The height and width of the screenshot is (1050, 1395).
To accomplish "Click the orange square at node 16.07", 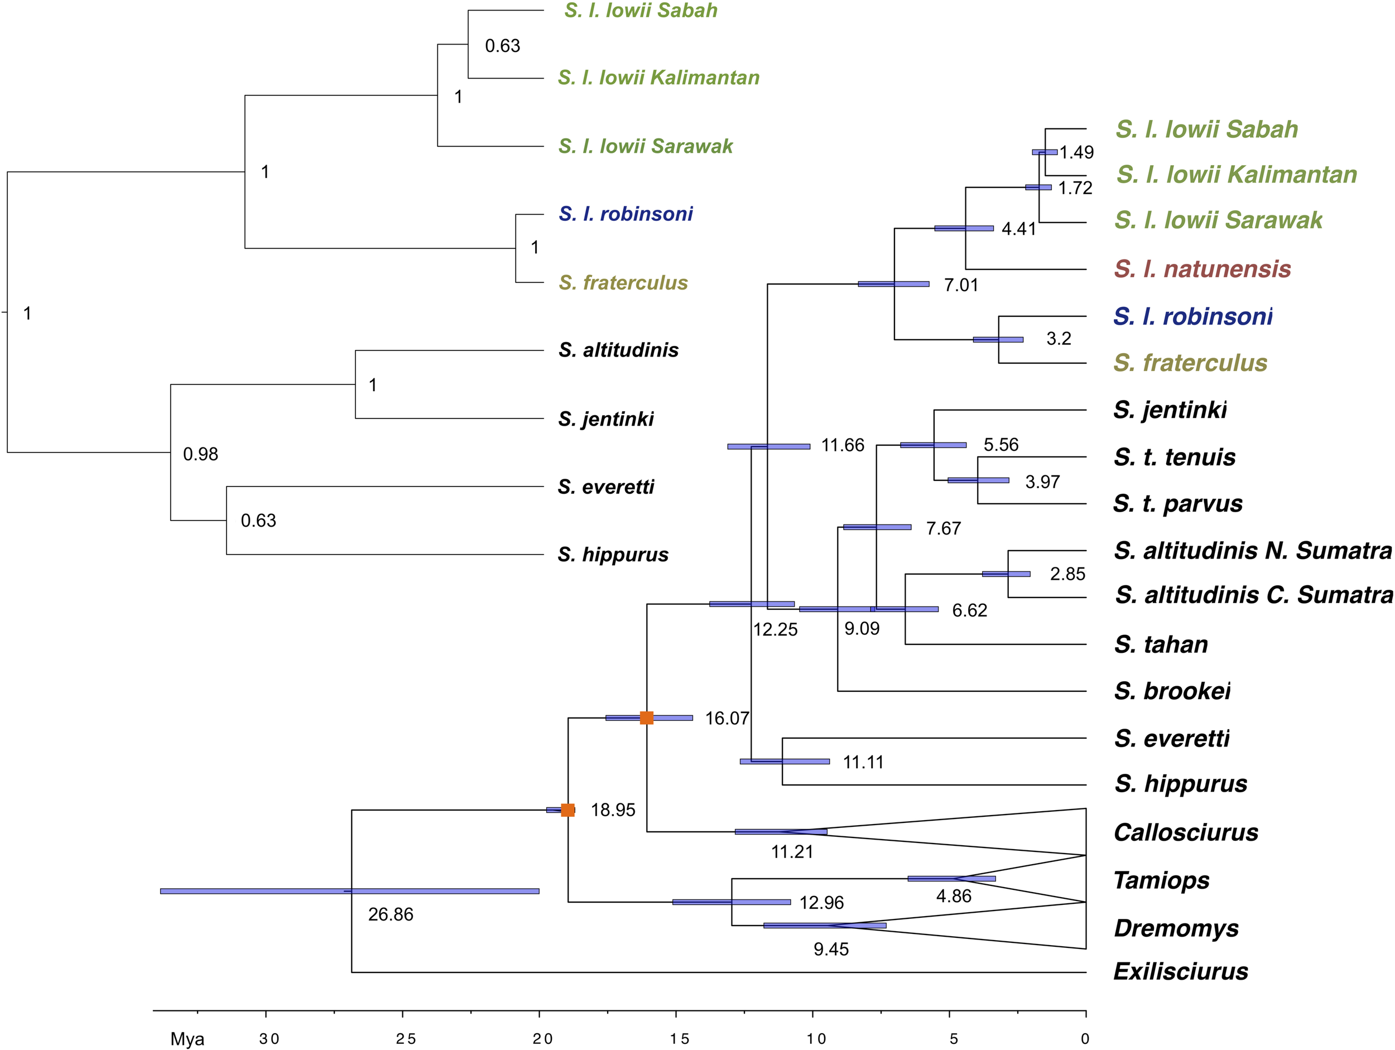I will [646, 717].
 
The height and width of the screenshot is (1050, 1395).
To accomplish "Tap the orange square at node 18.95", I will [567, 810].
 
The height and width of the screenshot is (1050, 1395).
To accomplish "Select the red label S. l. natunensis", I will [1202, 269].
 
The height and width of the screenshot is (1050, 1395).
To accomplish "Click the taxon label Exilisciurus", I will [1181, 972].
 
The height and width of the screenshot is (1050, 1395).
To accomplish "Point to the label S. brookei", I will [1172, 691].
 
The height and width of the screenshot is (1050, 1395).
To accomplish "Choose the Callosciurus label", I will [1186, 832].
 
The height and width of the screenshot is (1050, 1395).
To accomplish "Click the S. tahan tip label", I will [1161, 644].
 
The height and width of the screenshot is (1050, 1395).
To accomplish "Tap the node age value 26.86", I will [391, 914].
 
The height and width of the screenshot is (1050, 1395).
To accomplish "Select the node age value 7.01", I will [960, 285].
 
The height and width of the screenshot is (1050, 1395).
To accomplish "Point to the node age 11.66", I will [843, 446].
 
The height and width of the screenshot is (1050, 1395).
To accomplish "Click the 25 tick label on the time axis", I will [406, 1039].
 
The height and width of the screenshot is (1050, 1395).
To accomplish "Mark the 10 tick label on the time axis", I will [816, 1039].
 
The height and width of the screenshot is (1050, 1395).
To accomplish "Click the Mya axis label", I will [187, 1039].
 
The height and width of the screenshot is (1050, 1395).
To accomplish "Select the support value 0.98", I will [200, 454].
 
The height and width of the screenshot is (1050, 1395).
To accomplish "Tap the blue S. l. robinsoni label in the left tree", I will [625, 214].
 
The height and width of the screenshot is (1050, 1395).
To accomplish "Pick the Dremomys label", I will [1176, 928].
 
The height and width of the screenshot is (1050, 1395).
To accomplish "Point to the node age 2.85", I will [1067, 574].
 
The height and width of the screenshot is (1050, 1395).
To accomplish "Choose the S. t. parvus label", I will [1177, 504].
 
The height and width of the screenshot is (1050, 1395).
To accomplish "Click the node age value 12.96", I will [821, 903].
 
